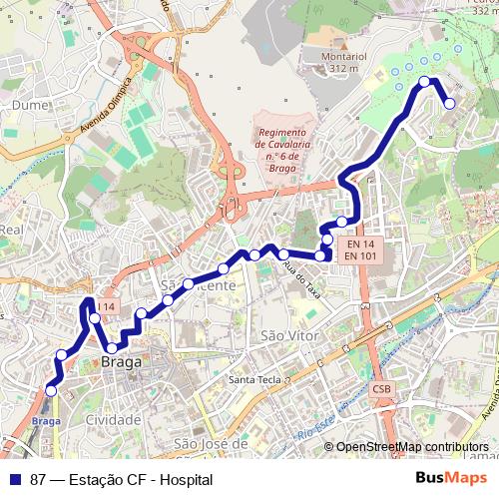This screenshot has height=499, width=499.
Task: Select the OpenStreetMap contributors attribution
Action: click(x=413, y=447)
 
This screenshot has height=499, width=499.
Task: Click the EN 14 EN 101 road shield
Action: click(x=359, y=249)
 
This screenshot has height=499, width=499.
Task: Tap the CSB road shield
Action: click(x=381, y=387)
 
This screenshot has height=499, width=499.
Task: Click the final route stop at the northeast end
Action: click(x=449, y=103)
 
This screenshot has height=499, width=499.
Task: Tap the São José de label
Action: click(x=210, y=442)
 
